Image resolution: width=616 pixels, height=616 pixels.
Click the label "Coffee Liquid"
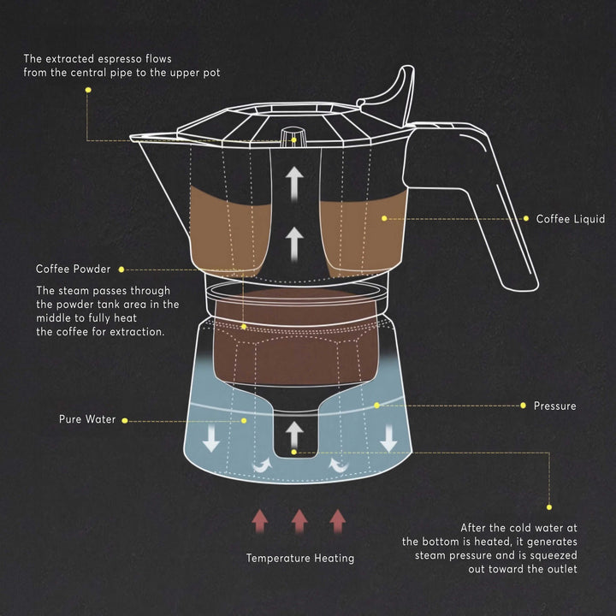point(570,219)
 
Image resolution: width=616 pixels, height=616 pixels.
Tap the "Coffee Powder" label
point(73,269)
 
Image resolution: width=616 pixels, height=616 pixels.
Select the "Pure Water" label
point(86,420)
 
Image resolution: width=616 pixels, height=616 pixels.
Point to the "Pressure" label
point(554,405)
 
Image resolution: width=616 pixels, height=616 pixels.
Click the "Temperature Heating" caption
point(299,558)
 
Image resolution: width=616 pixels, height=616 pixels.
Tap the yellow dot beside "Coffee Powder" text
point(121,269)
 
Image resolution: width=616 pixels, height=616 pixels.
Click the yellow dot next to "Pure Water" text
point(125,420)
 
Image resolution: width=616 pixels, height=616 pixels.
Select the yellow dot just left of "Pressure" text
point(523,405)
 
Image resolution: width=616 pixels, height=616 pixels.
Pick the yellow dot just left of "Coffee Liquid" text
point(525,219)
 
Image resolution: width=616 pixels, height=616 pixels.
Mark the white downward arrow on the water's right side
point(389,438)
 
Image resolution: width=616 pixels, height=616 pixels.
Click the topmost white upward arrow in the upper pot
point(294,182)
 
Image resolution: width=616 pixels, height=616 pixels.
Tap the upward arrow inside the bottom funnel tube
point(293,431)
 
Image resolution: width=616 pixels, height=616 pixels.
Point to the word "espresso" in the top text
point(131,59)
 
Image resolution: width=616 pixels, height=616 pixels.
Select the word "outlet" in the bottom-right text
point(560,569)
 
